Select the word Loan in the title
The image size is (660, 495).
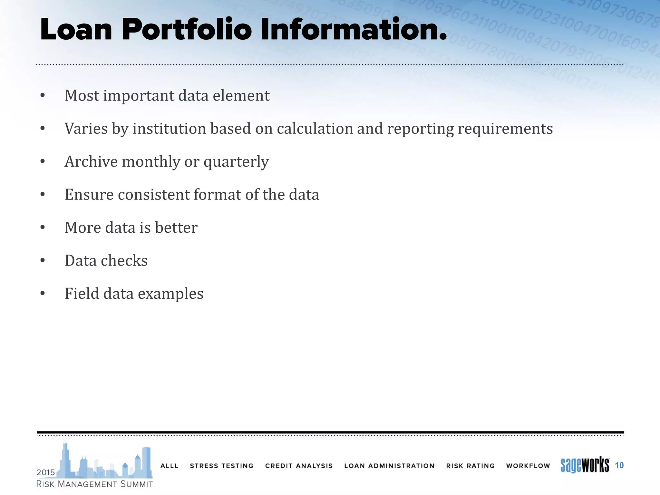tap(76, 30)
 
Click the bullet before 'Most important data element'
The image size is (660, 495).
tap(43, 96)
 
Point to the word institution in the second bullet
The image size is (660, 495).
tap(170, 129)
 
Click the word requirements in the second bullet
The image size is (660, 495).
tap(505, 129)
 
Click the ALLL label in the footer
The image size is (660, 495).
tap(169, 466)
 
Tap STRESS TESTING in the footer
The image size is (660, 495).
tap(221, 466)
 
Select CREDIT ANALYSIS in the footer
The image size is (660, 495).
tap(299, 466)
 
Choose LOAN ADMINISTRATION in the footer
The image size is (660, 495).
tap(389, 466)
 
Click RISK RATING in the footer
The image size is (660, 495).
tap(470, 466)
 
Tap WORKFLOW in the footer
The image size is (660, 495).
tap(528, 466)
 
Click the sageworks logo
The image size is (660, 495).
tap(585, 465)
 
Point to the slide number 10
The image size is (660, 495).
tap(619, 465)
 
